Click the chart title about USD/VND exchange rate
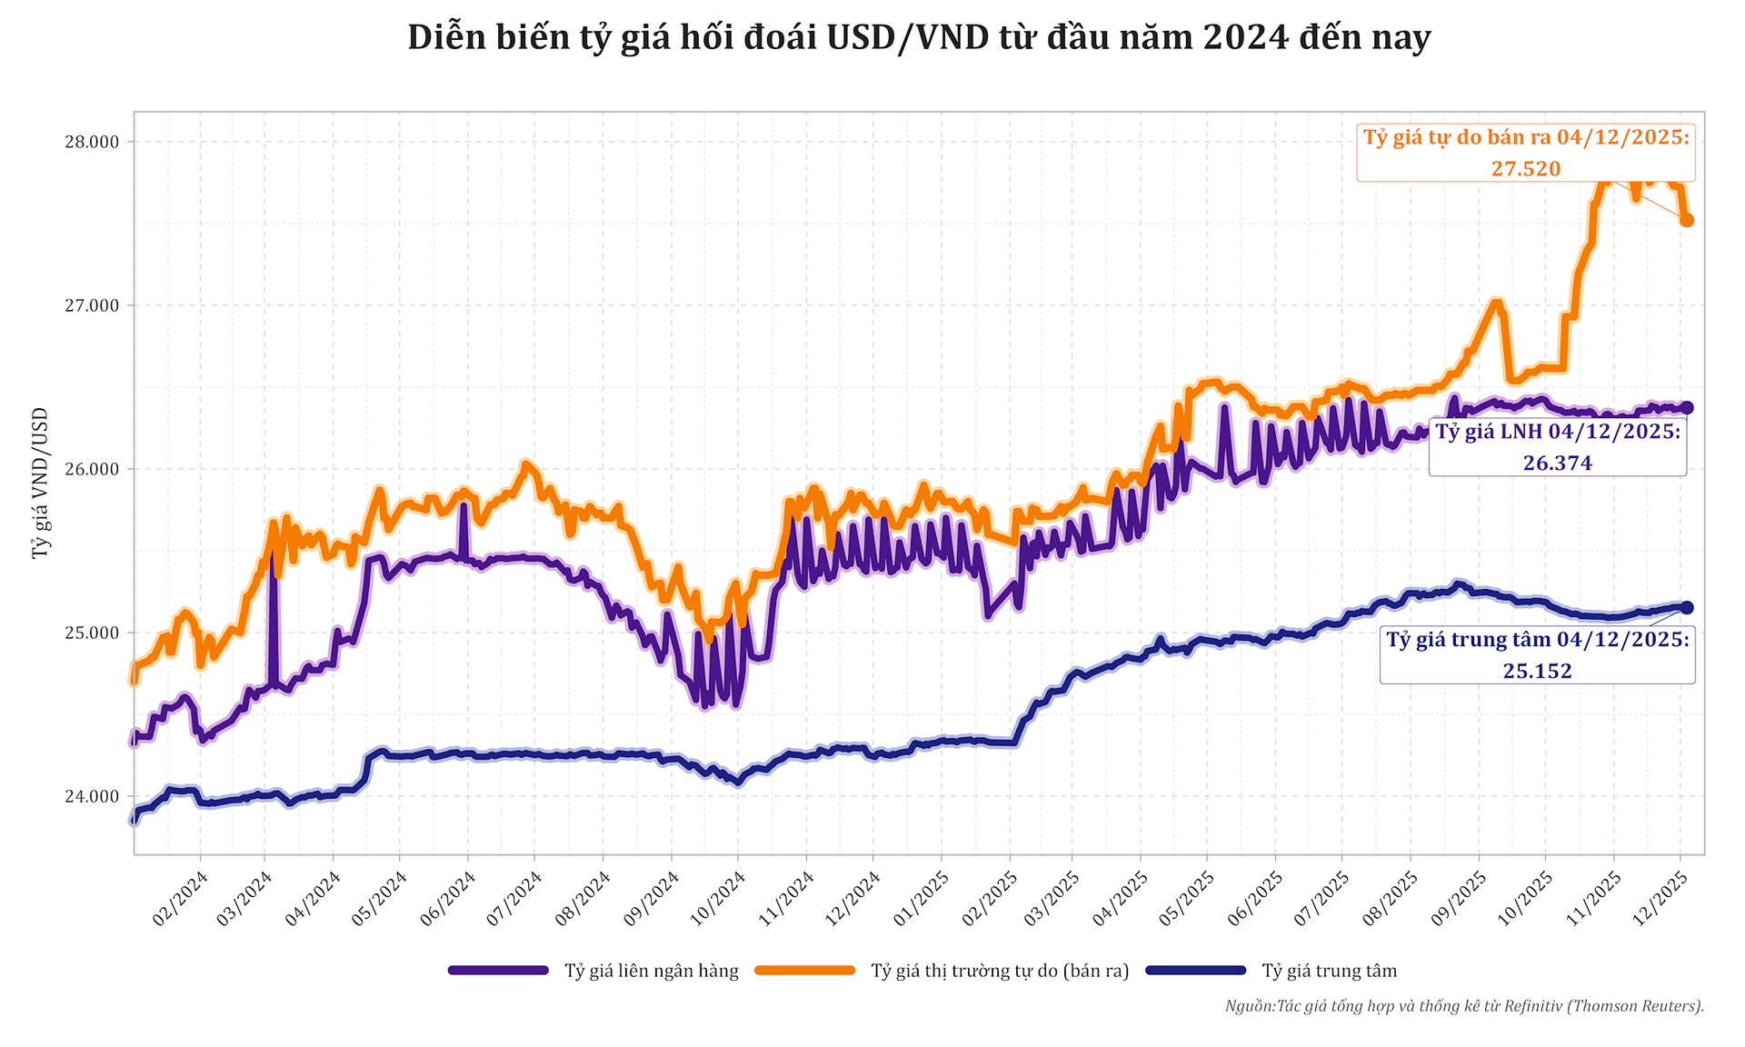919,37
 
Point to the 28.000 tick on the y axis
92,142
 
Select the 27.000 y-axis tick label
92,305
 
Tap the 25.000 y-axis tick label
92,633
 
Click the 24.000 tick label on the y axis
92,797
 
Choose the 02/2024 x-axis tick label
180,899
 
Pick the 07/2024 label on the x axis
514,899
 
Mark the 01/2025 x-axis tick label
921,899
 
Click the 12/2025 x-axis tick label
1660,899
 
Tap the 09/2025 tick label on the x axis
1459,899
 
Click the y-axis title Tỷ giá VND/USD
40,483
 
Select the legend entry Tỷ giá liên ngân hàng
651,971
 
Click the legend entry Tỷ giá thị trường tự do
1000,971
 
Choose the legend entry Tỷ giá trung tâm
1329,971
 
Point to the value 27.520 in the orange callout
1526,168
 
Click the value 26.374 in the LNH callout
1558,463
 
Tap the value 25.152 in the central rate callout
1537,671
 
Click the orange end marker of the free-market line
1686,220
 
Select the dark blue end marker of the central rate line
1686,607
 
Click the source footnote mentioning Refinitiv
1463,1006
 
